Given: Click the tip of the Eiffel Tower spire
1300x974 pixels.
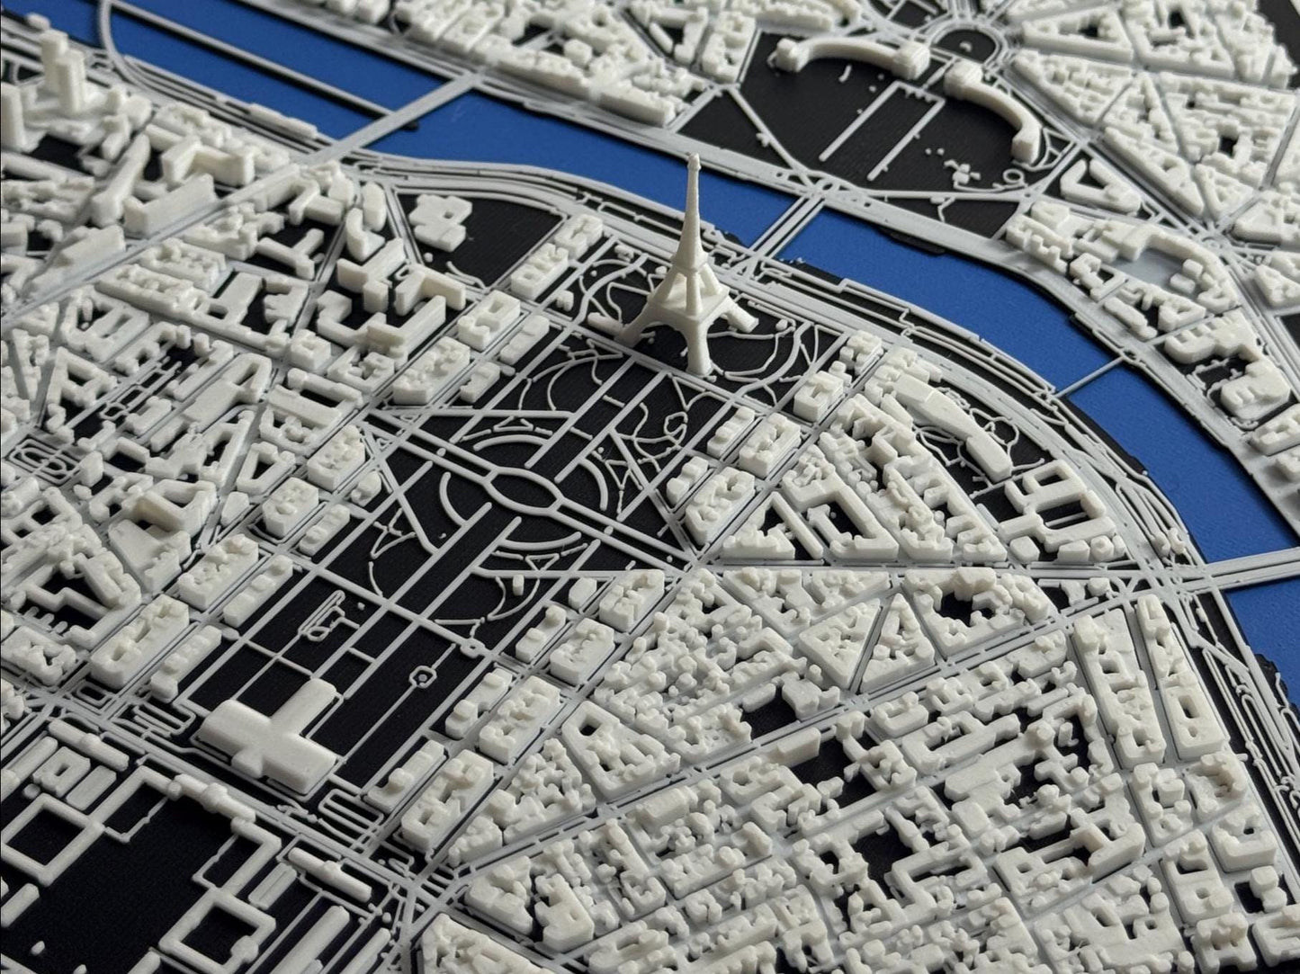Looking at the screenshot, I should [694, 159].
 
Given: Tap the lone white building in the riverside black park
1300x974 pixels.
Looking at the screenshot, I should [445, 216].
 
